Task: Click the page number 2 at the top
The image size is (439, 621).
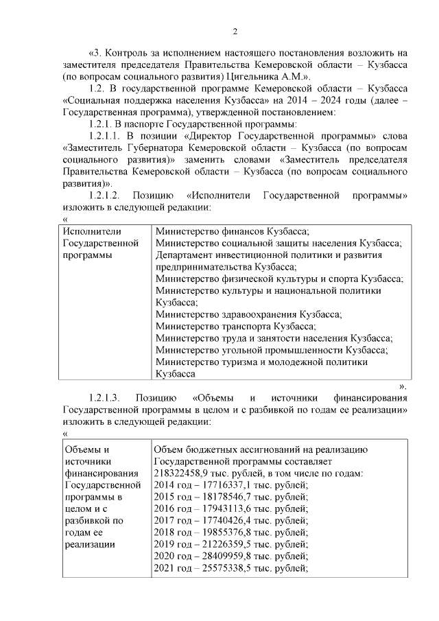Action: click(235, 31)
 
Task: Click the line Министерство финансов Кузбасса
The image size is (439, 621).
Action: click(233, 231)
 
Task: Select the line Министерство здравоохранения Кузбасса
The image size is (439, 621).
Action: click(248, 314)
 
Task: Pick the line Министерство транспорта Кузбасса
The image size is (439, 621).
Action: click(236, 327)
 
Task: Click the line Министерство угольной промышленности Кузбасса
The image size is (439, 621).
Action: click(271, 350)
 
